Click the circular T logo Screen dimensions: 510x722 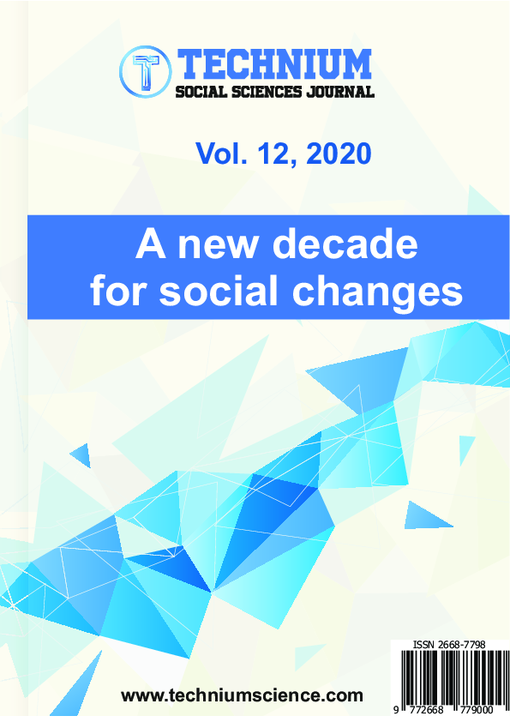point(146,71)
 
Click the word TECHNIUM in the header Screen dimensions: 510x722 point(274,64)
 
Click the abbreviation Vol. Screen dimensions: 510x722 point(221,153)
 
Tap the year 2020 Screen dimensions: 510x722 point(339,153)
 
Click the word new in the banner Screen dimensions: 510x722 point(217,245)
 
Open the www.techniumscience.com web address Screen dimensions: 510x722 point(242,695)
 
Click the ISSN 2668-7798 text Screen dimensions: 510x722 point(449,645)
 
